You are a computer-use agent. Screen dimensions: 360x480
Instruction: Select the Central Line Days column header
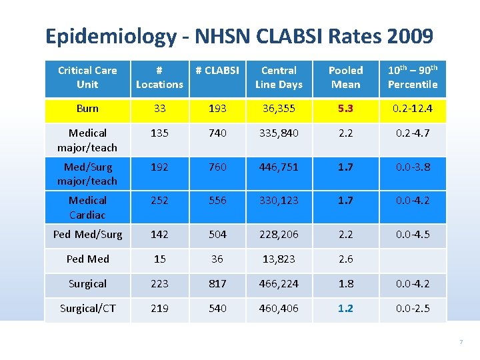(x=279, y=77)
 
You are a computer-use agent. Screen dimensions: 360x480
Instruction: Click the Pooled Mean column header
(x=345, y=77)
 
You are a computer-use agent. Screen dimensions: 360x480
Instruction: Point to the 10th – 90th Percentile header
(x=413, y=77)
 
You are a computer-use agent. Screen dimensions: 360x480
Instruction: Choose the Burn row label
(x=87, y=109)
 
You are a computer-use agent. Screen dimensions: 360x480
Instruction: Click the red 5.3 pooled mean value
(x=345, y=109)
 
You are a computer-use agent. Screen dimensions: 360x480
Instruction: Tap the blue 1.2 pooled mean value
(x=345, y=308)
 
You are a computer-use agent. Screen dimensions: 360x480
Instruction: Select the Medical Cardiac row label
(x=87, y=207)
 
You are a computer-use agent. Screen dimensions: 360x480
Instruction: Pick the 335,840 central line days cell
(x=279, y=133)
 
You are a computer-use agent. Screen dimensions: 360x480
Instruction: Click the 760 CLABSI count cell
(x=217, y=167)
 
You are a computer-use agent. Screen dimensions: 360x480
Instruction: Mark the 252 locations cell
(x=159, y=200)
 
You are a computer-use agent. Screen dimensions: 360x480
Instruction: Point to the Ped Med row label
(x=87, y=259)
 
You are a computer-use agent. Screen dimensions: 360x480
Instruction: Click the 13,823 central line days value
(x=279, y=259)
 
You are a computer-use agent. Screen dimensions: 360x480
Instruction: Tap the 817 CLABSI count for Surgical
(x=217, y=283)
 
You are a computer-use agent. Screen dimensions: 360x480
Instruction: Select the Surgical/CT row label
(x=87, y=308)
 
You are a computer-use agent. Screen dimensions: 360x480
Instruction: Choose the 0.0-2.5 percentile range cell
(x=413, y=308)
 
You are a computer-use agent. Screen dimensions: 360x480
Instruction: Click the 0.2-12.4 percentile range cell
(x=413, y=109)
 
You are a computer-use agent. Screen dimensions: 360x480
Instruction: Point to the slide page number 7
(x=461, y=342)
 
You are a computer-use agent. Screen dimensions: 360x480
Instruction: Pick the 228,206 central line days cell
(x=279, y=234)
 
